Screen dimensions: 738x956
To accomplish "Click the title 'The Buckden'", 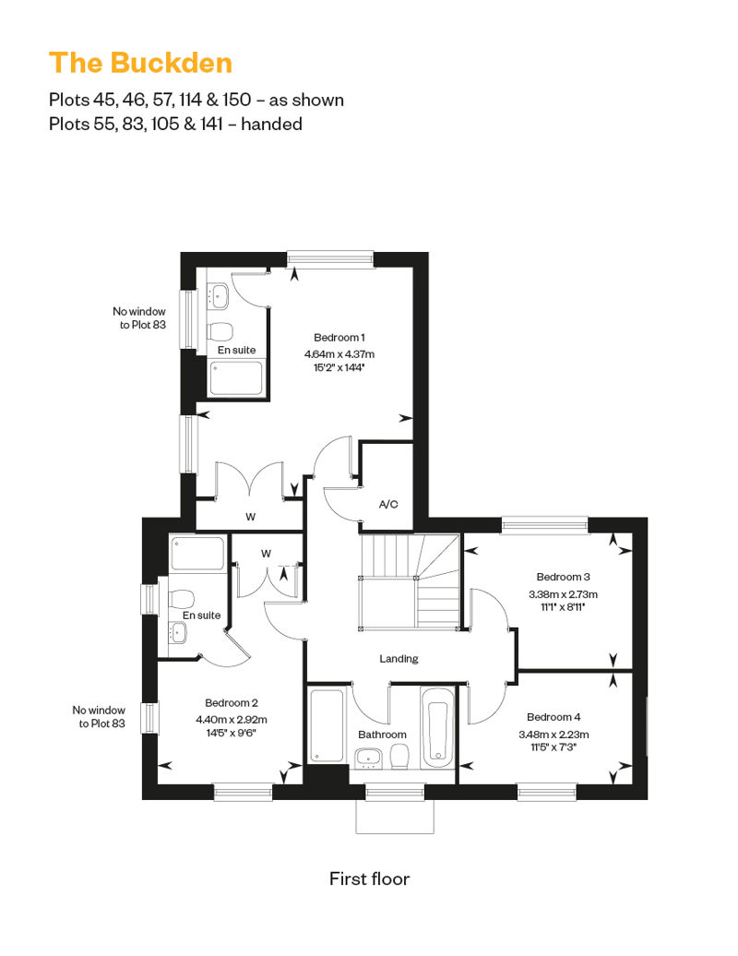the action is point(141,63).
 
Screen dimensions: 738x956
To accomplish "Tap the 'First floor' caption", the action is point(369,878).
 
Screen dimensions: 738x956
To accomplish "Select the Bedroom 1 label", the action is point(339,337).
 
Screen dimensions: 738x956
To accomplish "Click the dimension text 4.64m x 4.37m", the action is point(339,353).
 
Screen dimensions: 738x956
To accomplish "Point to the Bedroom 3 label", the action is point(563,577).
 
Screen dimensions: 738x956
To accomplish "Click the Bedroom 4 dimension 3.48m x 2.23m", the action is point(553,735).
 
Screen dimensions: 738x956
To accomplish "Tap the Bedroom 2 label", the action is point(232,703).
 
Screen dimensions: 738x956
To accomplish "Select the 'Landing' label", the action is point(399,659).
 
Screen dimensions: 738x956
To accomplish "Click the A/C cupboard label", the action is point(388,504).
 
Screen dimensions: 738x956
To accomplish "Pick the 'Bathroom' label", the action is point(382,735).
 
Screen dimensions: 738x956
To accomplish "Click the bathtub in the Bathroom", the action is point(437,727).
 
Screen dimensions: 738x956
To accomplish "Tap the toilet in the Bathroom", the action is point(399,757).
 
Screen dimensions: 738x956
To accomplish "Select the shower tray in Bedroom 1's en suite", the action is point(236,379).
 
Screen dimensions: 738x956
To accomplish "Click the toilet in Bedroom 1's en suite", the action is point(220,332).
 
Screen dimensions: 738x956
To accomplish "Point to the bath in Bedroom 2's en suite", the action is point(197,554).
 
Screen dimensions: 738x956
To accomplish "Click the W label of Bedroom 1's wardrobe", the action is point(251,517).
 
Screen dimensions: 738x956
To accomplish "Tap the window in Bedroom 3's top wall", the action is point(545,525).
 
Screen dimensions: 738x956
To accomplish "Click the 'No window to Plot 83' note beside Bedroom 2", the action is point(99,716).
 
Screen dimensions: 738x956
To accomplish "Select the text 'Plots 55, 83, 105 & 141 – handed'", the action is point(175,124).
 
